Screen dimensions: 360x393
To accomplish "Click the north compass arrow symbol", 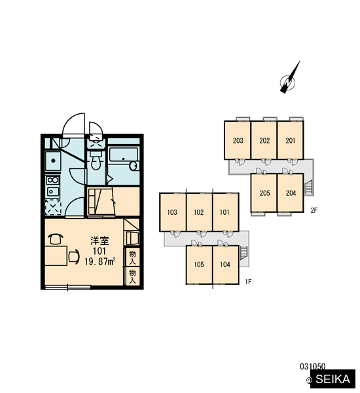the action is tap(289, 78).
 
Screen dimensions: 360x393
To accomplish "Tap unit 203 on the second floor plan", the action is tap(238, 140).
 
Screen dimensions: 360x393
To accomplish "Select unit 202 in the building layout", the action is tap(264, 140).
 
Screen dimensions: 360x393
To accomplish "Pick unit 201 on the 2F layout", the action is tap(291, 140).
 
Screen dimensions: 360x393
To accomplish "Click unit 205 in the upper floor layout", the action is tap(264, 193).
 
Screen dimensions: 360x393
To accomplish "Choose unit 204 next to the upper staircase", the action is tap(291, 193).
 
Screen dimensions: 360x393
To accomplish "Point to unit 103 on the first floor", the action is tap(173, 212).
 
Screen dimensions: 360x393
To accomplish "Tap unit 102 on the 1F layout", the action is tap(199, 212).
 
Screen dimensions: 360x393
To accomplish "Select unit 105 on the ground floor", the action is tap(199, 265).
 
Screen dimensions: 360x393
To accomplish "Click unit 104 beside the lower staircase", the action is tap(225, 265).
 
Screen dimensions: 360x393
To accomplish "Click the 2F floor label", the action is tap(314, 210).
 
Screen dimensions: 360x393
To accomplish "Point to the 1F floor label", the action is tap(248, 282).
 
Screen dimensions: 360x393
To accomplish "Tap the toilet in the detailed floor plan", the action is tap(95, 160).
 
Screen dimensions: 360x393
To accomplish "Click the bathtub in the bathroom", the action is tap(124, 159).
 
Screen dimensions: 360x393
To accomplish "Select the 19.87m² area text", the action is tap(99, 261).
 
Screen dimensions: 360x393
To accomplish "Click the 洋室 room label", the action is tap(99, 240).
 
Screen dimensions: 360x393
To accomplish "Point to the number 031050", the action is tap(313, 367).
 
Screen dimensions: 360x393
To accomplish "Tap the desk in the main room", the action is tap(56, 255).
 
